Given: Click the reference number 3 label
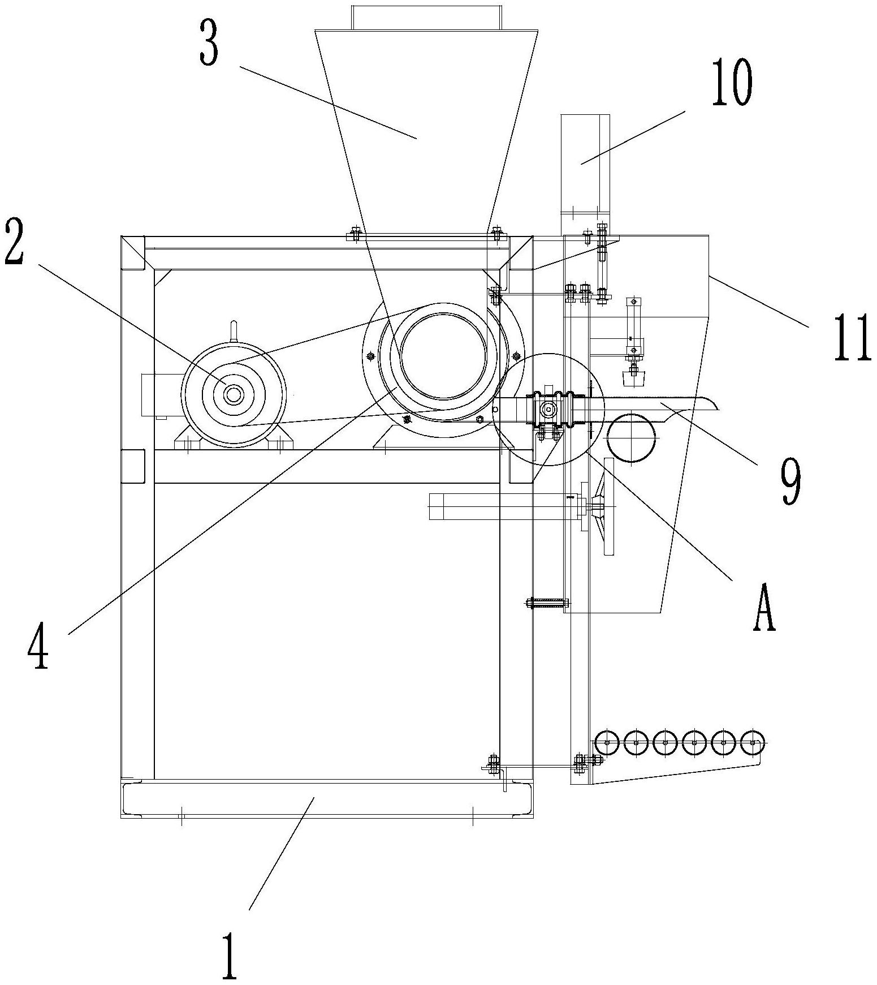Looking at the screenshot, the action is click(x=209, y=42).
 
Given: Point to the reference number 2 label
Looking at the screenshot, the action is click(x=14, y=243).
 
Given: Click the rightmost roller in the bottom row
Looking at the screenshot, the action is click(x=751, y=742).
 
